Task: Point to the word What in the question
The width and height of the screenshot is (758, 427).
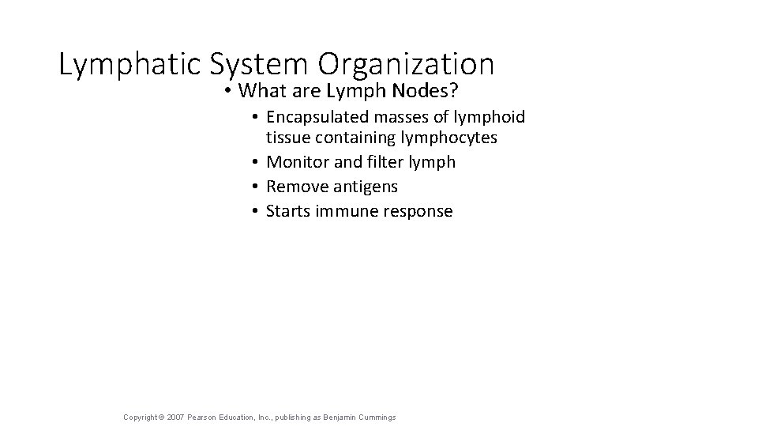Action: [x=265, y=91]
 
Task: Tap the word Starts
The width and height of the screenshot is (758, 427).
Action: [x=288, y=211]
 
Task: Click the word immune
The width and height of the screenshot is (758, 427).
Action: [x=346, y=211]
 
